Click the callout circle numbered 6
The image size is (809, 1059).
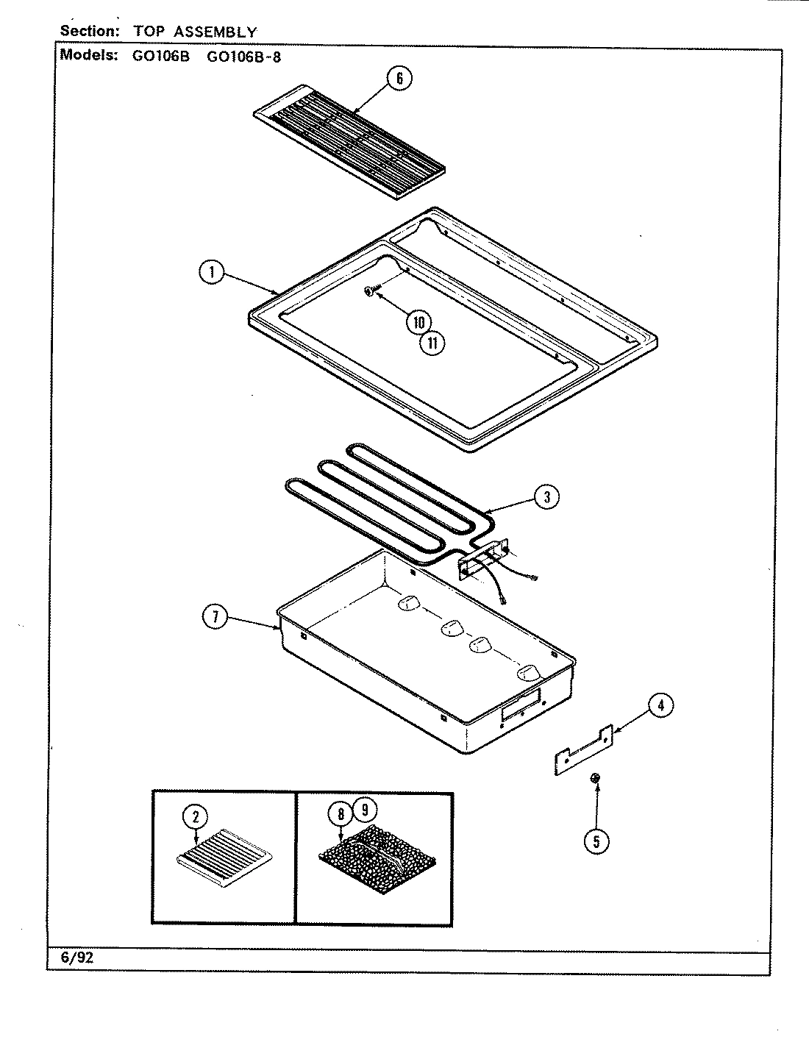pyautogui.click(x=399, y=79)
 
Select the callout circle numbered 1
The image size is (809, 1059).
pyautogui.click(x=212, y=274)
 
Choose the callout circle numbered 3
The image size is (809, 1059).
pyautogui.click(x=546, y=497)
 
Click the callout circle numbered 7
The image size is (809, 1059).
pyautogui.click(x=215, y=618)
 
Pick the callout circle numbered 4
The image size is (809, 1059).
pyautogui.click(x=660, y=706)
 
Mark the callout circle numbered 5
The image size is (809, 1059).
pyautogui.click(x=596, y=842)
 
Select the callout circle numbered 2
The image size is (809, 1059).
pyautogui.click(x=196, y=816)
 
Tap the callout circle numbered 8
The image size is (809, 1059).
pyautogui.click(x=341, y=814)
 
